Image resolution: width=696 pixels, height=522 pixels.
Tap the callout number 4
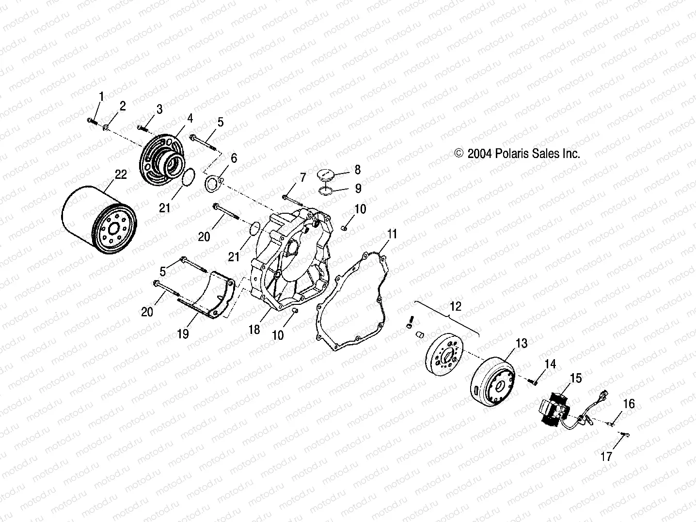click(190, 118)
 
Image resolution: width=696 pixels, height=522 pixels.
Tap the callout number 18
click(254, 330)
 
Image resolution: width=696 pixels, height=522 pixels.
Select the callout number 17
click(606, 456)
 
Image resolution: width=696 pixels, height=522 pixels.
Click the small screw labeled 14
click(534, 382)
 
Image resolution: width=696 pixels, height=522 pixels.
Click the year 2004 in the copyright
click(479, 154)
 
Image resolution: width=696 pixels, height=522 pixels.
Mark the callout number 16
click(628, 404)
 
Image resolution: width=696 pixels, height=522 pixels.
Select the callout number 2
click(123, 106)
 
